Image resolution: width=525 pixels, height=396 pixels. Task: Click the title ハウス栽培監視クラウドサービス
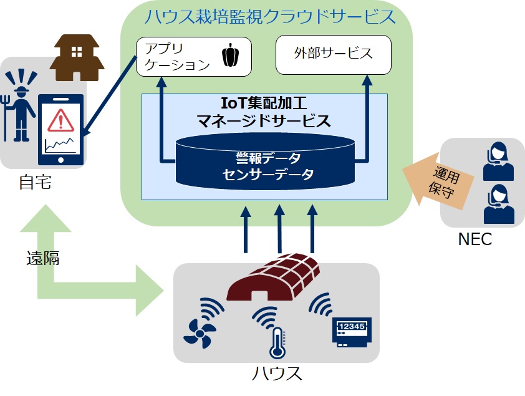pyautogui.click(x=269, y=17)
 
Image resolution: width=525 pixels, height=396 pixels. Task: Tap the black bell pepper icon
pyautogui.click(x=230, y=56)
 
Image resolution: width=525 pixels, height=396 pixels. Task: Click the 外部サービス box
pyautogui.click(x=333, y=54)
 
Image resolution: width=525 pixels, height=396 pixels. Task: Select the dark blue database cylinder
pyautogui.click(x=266, y=161)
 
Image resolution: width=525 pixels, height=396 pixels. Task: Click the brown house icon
pyautogui.click(x=78, y=57)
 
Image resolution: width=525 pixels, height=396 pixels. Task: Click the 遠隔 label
pyautogui.click(x=43, y=258)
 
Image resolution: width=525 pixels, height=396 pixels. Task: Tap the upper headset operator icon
pyautogui.click(x=499, y=160)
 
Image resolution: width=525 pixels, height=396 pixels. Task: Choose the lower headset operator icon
pyautogui.click(x=499, y=204)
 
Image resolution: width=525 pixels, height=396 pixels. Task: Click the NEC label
pyautogui.click(x=475, y=239)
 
